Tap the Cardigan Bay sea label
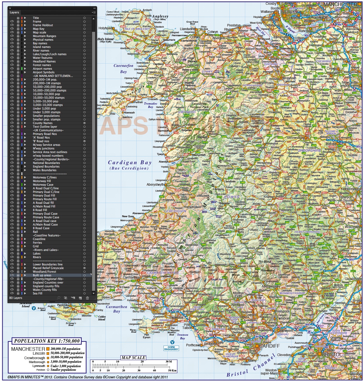click(130, 163)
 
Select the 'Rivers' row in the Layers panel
click(37, 257)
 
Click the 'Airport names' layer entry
click(42, 69)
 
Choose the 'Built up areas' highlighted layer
click(42, 275)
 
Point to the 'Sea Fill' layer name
click(37, 293)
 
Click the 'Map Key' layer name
click(38, 29)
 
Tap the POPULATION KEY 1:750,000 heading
click(47, 341)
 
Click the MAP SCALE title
click(133, 358)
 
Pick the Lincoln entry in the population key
click(39, 353)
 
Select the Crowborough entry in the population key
click(35, 358)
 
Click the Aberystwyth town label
click(155, 185)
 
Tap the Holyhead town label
click(105, 28)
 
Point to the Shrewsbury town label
click(295, 138)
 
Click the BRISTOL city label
click(331, 355)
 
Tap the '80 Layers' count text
click(16, 298)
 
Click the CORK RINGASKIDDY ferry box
click(171, 348)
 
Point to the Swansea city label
click(176, 317)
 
